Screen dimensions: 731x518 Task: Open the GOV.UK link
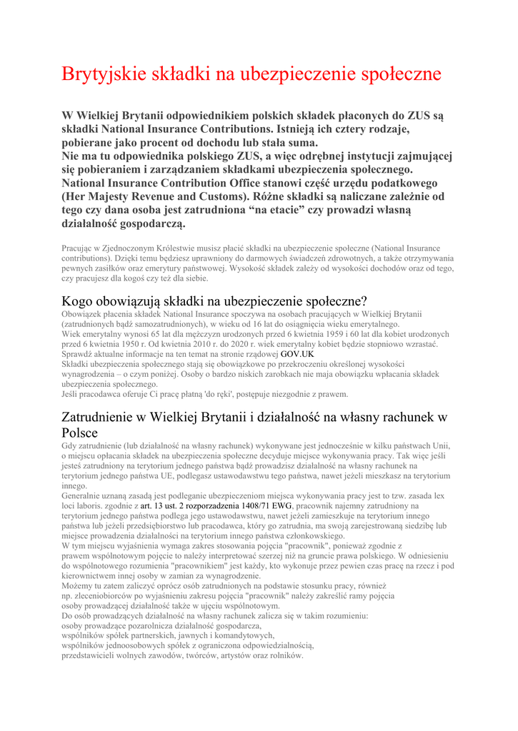pyautogui.click(x=297, y=354)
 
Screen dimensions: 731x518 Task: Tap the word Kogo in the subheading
pyautogui.click(x=81, y=301)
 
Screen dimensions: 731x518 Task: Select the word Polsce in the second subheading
pyautogui.click(x=79, y=433)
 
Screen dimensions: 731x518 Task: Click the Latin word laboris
pyautogui.click(x=91, y=505)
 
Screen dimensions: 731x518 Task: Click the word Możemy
pyautogui.click(x=78, y=585)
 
